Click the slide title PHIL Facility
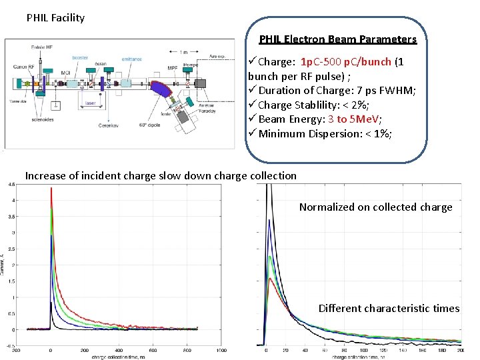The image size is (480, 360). [x=55, y=18]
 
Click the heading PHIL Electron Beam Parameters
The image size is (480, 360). [x=337, y=39]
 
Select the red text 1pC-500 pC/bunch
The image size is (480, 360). [x=345, y=61]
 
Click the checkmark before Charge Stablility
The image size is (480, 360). [x=252, y=105]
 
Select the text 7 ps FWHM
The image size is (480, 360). [x=391, y=91]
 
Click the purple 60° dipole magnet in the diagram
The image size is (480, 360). [x=163, y=91]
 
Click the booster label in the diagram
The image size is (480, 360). [x=80, y=58]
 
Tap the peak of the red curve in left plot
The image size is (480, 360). [x=51, y=189]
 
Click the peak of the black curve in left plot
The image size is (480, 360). [x=51, y=303]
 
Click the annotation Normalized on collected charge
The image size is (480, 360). [x=375, y=207]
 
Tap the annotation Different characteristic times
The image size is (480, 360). [x=389, y=308]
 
